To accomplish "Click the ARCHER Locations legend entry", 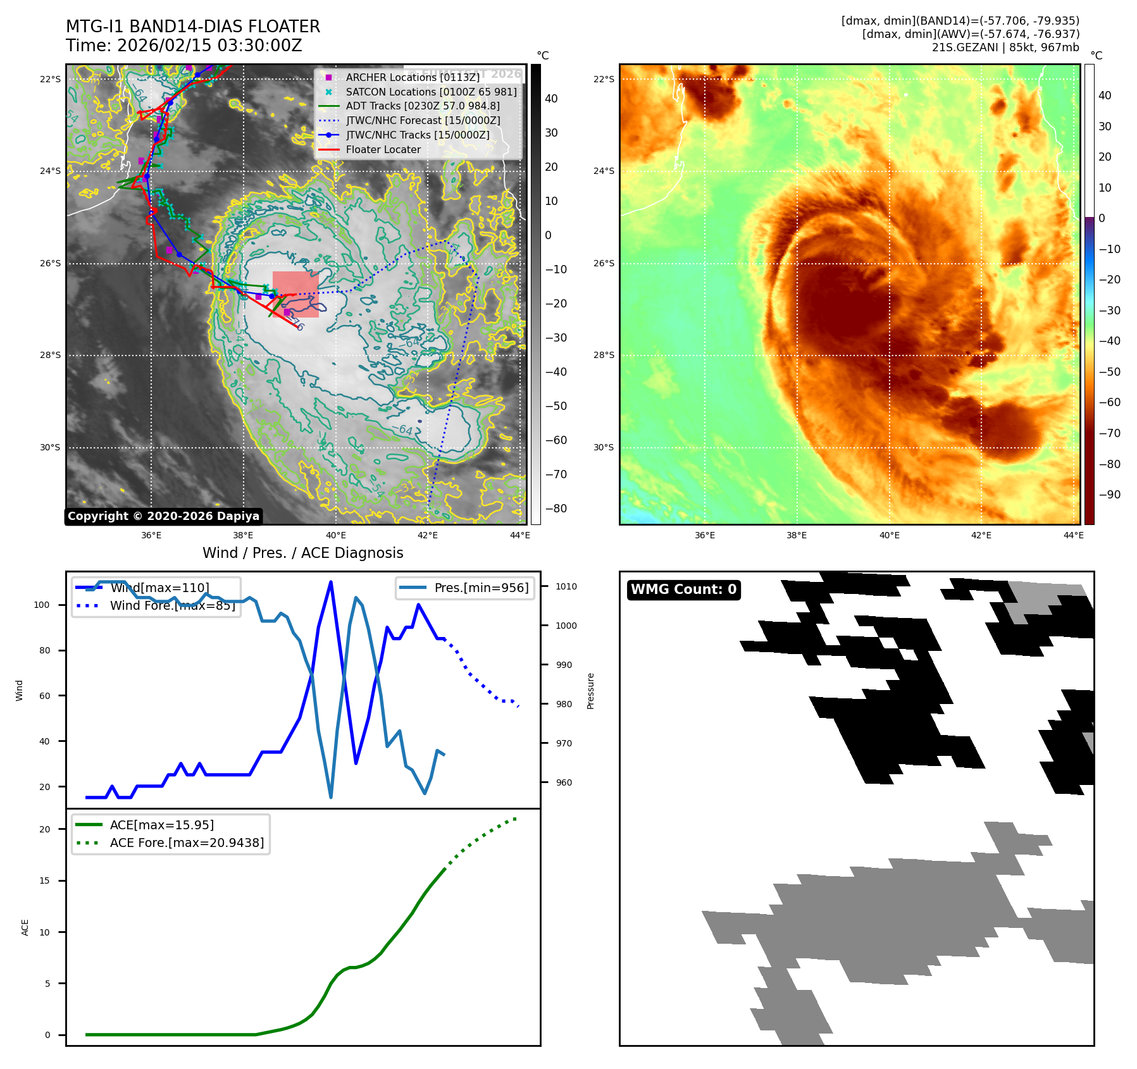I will pos(413,77).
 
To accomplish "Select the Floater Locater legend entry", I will pos(383,150).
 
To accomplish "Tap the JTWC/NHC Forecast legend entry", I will pos(423,121).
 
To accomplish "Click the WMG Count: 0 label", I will pos(683,590).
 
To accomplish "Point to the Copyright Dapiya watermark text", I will pos(163,516).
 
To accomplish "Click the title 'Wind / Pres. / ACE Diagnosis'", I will pos(302,553).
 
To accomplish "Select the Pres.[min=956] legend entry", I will pos(481,588).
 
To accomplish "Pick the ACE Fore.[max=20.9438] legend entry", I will pos(187,843).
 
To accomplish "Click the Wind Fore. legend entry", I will pos(172,605).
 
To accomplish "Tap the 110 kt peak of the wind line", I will pos(331,583).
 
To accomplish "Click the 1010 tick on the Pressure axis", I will pos(566,586).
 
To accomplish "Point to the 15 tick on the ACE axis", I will pos(44,881).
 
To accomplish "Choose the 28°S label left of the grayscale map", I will pos(51,355).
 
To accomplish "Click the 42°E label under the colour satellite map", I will pos(981,535).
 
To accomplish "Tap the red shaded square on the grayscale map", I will pos(295,294).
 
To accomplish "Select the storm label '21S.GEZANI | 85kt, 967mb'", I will pos(1005,47).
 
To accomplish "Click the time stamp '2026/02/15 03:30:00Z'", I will pos(209,46).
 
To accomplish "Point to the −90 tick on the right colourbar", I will pos(1109,495).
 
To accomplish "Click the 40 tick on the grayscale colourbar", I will pos(551,99).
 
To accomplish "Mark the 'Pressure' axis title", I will pos(590,691).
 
